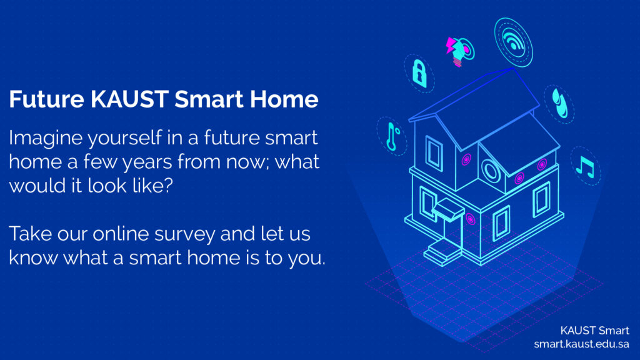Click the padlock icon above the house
419,74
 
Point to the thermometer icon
392,136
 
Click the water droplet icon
559,104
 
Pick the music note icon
585,166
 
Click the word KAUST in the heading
129,99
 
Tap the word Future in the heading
46,99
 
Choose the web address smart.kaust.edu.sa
581,344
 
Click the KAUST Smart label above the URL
594,330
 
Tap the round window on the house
491,171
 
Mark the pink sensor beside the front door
471,219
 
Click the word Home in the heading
284,99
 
